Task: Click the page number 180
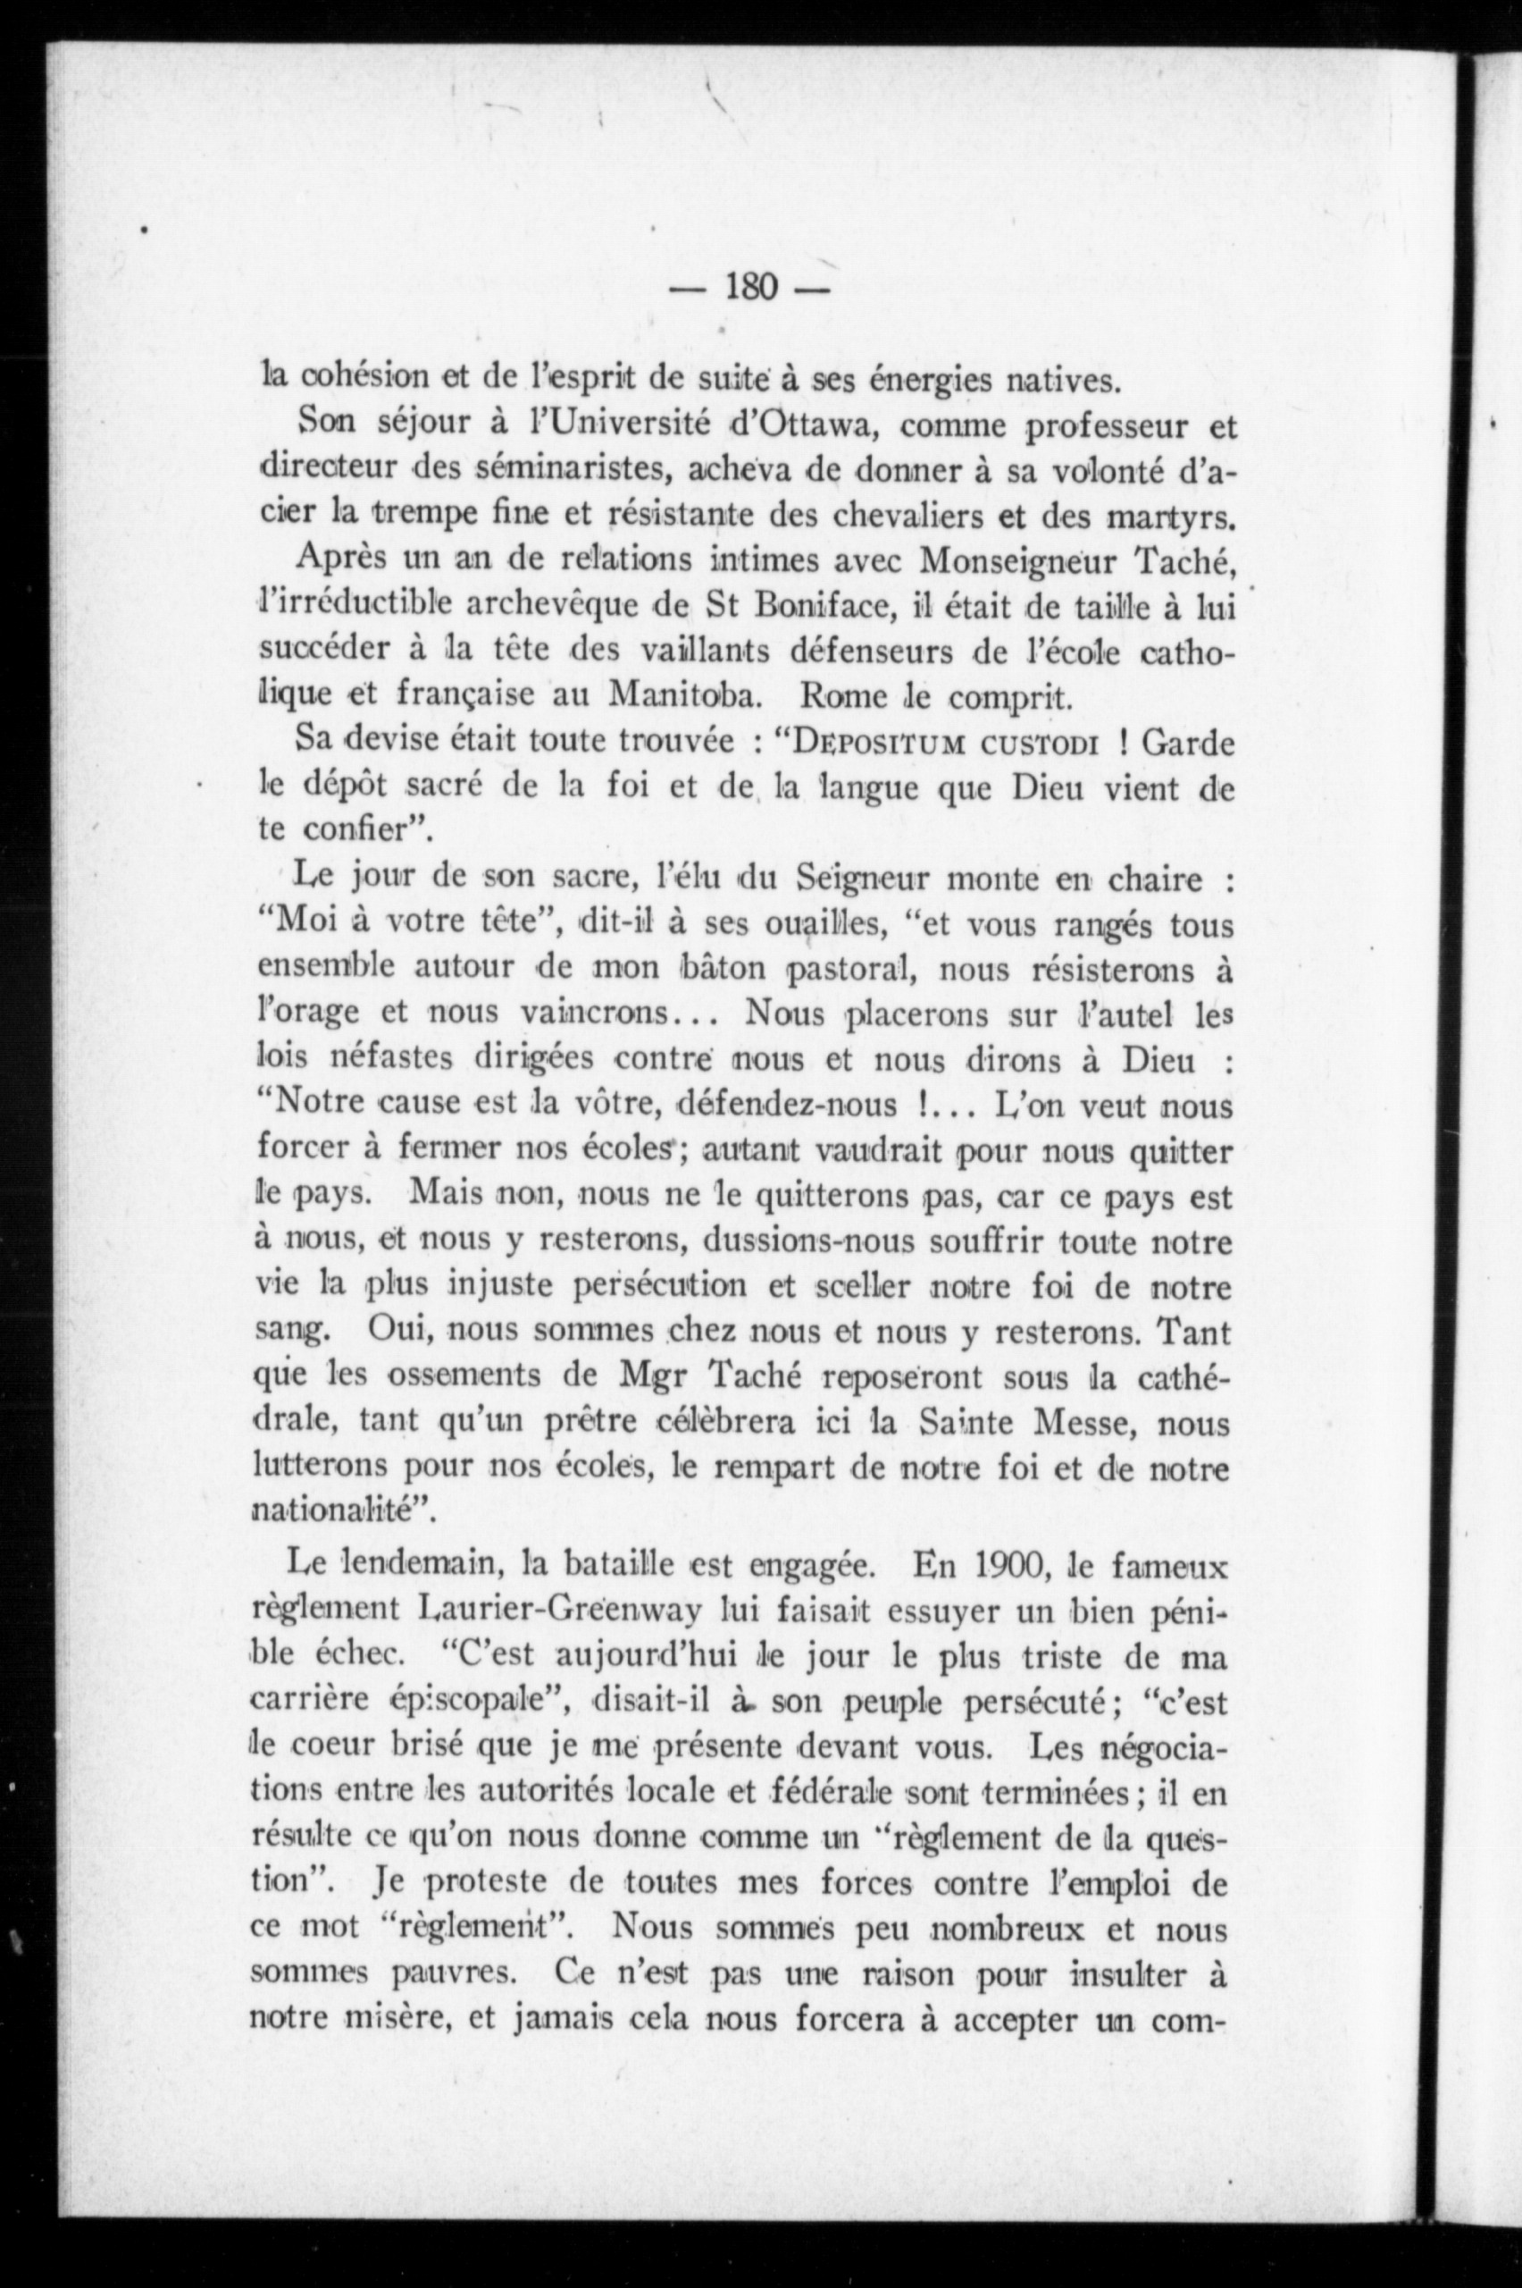point(752,288)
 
